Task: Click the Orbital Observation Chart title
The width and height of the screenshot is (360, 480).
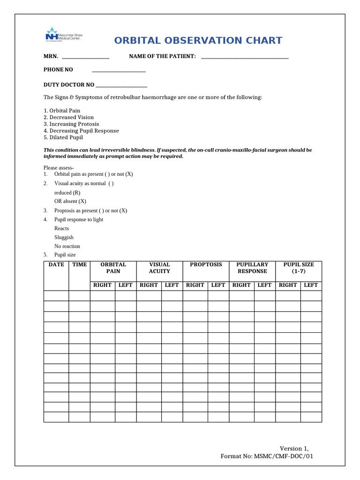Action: (198, 40)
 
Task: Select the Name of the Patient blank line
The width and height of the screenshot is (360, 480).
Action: (244, 58)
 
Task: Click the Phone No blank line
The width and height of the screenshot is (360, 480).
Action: (119, 71)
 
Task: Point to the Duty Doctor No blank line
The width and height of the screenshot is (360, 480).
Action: (121, 86)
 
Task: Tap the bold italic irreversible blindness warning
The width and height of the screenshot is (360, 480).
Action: (178, 153)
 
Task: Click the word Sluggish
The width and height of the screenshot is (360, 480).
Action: (64, 237)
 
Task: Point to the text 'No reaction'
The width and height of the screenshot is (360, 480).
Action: (67, 246)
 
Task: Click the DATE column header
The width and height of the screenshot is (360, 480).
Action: (56, 265)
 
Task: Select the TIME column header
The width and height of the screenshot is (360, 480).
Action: (79, 265)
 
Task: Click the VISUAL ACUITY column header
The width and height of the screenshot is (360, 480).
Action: (159, 268)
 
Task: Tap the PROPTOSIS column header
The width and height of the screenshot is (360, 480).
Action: (206, 265)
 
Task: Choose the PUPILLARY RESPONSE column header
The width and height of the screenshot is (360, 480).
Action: (252, 268)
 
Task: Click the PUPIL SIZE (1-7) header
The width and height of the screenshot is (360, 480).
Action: (299, 268)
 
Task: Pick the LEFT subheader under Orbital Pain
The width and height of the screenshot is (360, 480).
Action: (125, 285)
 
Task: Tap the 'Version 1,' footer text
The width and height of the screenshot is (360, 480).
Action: (294, 448)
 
